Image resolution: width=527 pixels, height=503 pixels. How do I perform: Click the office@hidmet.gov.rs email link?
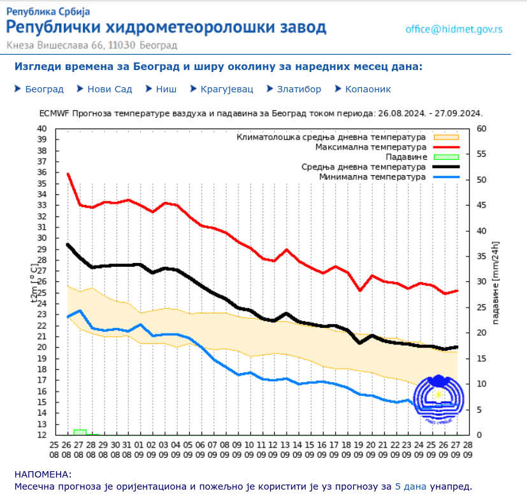454,29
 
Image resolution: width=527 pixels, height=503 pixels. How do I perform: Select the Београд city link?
44,89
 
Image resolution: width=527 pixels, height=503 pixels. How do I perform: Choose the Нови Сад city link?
110,89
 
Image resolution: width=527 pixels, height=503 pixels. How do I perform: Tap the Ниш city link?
166,89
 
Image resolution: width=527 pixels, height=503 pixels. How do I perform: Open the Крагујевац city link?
227,89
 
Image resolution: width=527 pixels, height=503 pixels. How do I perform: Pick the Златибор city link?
298,89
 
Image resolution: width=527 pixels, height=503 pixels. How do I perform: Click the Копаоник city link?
368,89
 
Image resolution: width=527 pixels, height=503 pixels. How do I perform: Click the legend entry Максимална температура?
370,147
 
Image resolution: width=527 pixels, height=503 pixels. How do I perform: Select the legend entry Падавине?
406,157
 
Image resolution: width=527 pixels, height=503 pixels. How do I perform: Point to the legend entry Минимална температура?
372,176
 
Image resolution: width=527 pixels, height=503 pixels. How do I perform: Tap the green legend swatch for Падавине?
446,157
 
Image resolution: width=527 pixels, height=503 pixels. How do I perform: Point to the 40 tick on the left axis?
42,129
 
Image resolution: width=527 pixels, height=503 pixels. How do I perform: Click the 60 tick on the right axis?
482,129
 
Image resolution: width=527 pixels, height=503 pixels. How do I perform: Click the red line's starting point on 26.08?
68,173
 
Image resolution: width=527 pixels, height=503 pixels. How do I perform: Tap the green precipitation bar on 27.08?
80,432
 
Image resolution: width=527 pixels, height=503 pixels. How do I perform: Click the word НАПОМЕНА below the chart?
43,474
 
